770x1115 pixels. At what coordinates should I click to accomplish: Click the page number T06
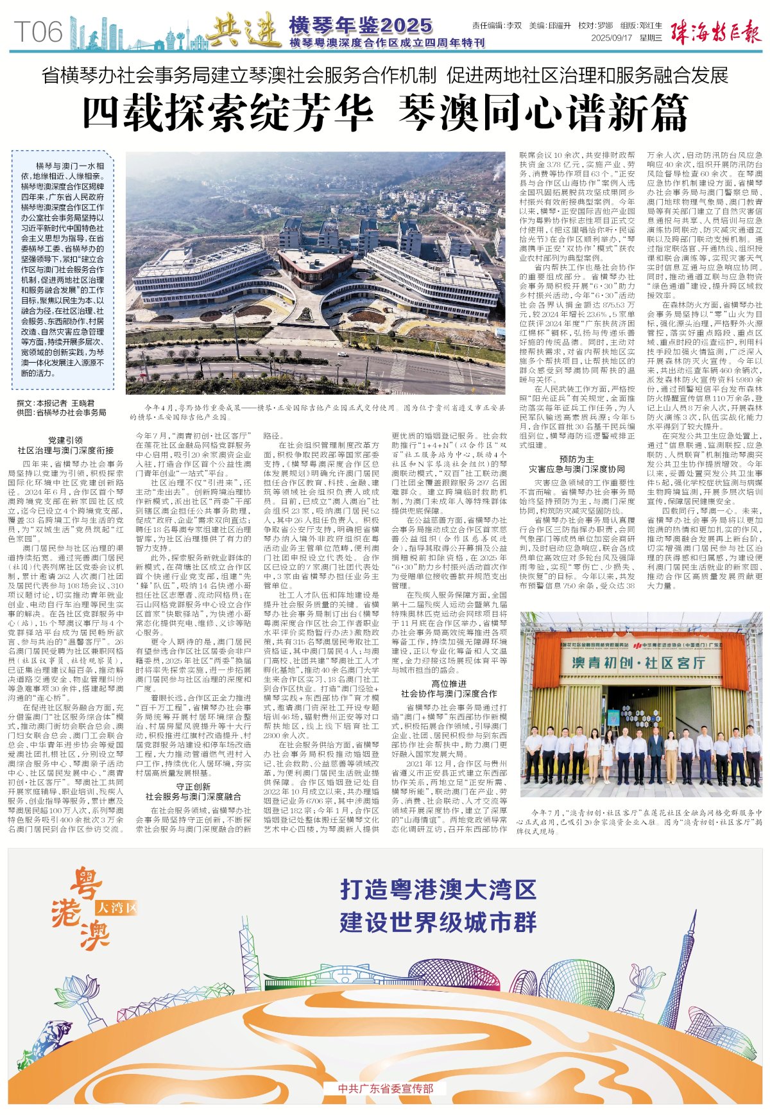39,31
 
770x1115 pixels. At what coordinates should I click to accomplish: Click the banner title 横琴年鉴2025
361,25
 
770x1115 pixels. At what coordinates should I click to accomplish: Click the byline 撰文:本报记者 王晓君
56,403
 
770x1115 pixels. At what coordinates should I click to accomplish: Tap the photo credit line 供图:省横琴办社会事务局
62,413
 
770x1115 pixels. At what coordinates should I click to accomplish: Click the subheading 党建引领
65,440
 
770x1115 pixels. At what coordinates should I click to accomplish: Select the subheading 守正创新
193,787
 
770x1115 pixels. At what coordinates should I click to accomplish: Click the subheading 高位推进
449,684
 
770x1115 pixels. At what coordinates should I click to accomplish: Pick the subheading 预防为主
576,459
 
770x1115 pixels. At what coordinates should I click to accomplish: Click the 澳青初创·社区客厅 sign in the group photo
638,662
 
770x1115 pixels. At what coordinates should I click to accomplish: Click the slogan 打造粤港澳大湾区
438,890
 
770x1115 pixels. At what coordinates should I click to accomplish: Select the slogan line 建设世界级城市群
438,922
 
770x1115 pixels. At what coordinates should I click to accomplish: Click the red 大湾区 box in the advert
117,907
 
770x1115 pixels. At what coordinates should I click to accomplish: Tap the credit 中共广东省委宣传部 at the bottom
385,1089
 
